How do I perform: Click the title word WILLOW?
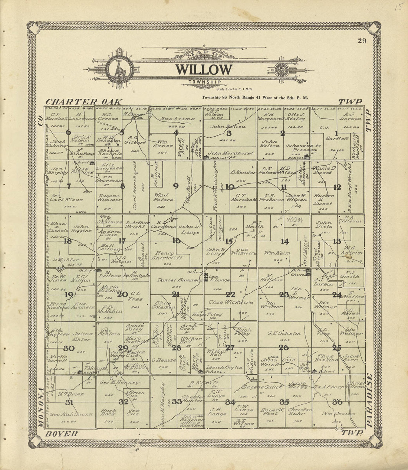click(204, 69)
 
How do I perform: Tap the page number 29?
click(362, 41)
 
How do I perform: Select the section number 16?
click(176, 241)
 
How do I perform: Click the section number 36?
click(337, 402)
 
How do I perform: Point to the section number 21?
click(175, 294)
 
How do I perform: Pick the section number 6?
click(68, 132)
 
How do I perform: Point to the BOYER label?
click(62, 434)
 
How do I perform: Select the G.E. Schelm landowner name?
click(284, 333)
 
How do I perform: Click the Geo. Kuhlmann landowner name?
click(71, 414)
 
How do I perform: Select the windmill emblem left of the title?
click(119, 69)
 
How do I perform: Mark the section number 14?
click(284, 242)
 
